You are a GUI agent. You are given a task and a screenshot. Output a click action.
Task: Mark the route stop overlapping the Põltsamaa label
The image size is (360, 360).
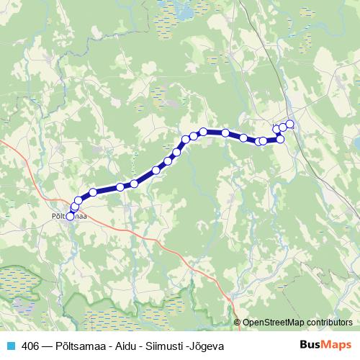[x=70, y=215]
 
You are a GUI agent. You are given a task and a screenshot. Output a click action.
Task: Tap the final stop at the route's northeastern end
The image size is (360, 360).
[x=290, y=124]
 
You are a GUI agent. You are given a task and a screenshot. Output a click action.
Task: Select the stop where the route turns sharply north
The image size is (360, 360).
[x=280, y=139]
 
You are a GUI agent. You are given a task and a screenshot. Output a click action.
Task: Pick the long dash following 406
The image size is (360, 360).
[x=48, y=346]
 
